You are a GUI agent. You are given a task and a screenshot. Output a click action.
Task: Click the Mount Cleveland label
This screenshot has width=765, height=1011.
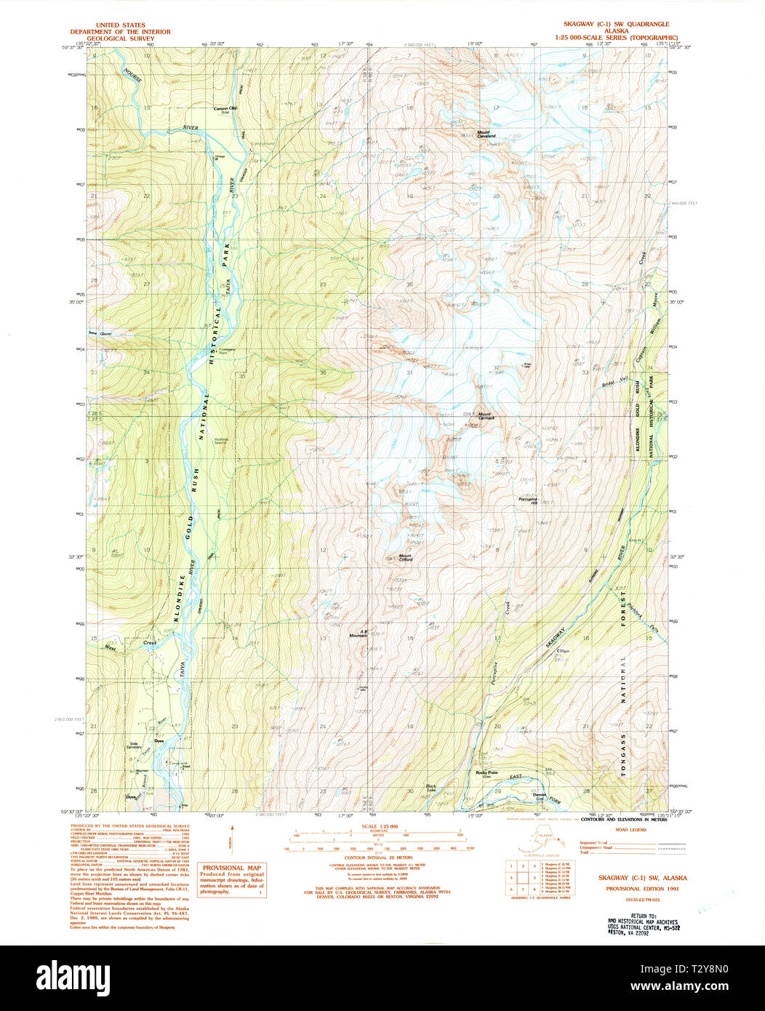click(x=486, y=135)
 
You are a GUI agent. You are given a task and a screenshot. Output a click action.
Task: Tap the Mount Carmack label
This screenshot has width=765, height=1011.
click(x=486, y=417)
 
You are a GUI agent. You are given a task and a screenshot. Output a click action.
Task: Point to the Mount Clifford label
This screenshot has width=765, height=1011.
click(x=405, y=558)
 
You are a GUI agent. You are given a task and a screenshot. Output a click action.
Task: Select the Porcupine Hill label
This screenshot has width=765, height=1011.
click(x=527, y=501)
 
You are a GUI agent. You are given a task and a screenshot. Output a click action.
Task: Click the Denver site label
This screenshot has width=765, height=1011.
click(x=540, y=796)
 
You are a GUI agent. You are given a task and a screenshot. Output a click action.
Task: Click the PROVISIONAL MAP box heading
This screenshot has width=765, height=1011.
click(x=233, y=868)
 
